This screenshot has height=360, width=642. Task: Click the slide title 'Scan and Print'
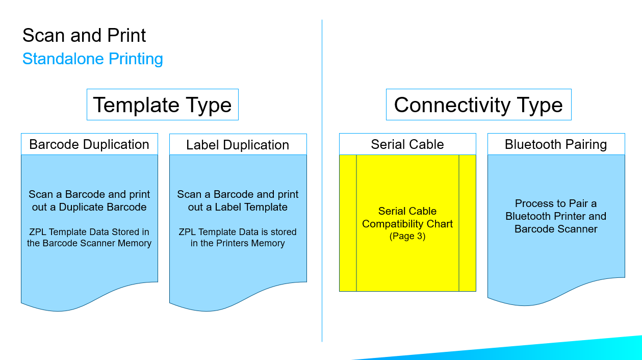pos(84,36)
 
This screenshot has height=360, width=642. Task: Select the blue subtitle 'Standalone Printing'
pos(93,59)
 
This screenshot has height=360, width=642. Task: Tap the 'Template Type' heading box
pos(162,105)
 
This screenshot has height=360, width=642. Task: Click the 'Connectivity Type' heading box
pos(478,105)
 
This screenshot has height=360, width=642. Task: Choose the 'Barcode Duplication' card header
pos(89,144)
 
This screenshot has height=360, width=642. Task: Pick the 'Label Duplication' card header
pos(238,145)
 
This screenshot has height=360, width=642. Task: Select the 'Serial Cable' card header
pos(407,144)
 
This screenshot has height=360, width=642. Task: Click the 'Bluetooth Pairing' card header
pos(556,144)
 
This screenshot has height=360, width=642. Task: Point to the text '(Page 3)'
pos(407,237)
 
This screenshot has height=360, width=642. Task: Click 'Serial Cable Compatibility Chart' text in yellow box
pos(407,218)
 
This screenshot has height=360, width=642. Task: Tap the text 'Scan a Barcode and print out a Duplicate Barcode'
pos(89,201)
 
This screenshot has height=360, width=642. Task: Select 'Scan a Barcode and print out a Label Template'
pos(238,201)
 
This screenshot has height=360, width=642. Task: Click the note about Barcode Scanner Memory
pos(89,238)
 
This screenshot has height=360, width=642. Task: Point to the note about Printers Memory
pos(238,238)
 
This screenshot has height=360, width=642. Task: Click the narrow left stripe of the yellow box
pos(348,223)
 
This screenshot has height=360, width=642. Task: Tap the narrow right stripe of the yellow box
pos(467,223)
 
